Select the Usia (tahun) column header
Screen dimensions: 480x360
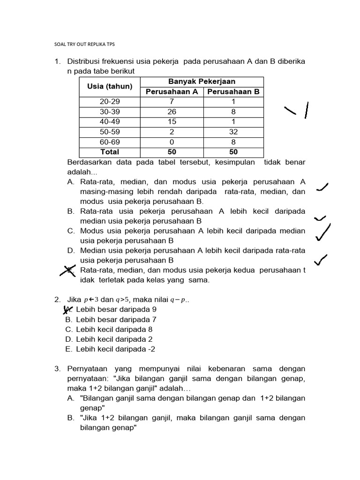pos(110,87)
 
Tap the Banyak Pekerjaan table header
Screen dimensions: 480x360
pos(202,82)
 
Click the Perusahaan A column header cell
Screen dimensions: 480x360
pos(172,92)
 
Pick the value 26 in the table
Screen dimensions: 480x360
pos(172,112)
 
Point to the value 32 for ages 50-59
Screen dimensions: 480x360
pos(233,132)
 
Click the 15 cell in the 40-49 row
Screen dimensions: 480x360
pos(172,122)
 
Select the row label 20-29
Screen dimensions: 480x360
pos(110,102)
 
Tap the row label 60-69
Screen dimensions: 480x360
pos(110,142)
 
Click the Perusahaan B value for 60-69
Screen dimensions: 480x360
pos(233,142)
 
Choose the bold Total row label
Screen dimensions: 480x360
pos(110,152)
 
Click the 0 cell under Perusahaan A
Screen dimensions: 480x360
pos(172,142)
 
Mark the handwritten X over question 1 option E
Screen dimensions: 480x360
pos(69,271)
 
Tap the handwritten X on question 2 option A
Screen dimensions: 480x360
pos(69,309)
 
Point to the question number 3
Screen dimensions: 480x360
pos(57,369)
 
